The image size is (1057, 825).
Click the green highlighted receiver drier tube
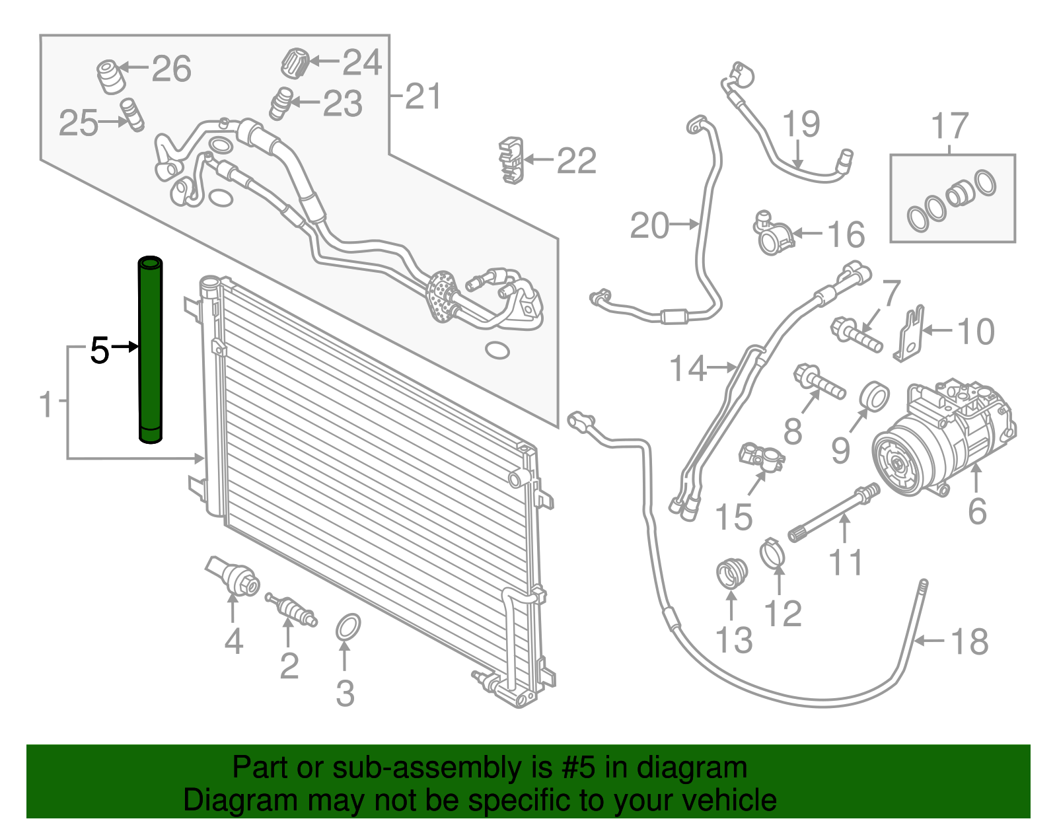point(150,350)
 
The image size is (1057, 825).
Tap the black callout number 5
point(100,350)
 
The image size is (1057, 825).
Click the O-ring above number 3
point(348,627)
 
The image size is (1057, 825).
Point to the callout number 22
point(577,161)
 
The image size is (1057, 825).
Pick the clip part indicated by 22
point(510,161)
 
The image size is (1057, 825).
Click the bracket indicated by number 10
point(910,336)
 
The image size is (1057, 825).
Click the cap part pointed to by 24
point(294,63)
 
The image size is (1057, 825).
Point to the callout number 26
point(172,69)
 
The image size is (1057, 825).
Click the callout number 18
point(969,641)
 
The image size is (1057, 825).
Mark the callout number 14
point(688,369)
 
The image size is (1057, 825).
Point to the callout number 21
point(422,96)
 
